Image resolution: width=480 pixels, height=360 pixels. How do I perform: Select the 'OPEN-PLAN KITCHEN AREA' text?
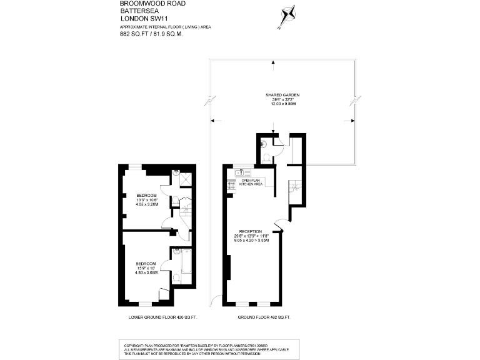click(251, 182)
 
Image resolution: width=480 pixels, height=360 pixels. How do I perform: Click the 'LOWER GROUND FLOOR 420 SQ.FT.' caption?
click(162, 317)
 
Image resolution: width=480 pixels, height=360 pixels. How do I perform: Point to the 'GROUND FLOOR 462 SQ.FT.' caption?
click(264, 317)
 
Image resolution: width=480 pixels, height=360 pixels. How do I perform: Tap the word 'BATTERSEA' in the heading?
click(136, 11)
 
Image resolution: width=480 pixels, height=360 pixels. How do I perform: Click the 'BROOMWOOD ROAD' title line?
click(143, 4)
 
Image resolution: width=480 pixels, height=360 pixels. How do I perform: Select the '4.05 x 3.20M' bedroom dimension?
click(147, 204)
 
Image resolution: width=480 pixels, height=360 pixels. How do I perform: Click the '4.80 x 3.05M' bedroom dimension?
click(146, 272)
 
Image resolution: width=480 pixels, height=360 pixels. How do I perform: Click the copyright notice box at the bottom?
click(239, 348)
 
